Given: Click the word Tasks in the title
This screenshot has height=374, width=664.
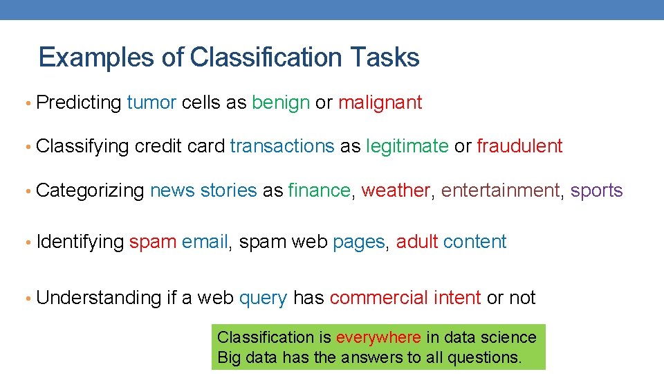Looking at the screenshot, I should tap(385, 57).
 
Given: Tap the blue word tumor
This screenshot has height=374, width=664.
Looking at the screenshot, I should tap(151, 103).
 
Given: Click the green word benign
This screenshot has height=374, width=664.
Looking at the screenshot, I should tap(281, 103).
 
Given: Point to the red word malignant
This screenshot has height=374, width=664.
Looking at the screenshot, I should tap(380, 103).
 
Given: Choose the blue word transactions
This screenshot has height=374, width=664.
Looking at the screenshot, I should tap(282, 146).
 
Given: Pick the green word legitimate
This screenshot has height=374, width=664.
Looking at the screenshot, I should tap(407, 147).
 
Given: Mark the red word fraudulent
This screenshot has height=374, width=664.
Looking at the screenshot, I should tap(519, 146).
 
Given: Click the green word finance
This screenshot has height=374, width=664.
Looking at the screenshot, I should tap(320, 190).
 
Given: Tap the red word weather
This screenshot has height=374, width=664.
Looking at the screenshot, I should tap(396, 190).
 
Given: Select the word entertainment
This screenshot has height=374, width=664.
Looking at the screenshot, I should tap(500, 190).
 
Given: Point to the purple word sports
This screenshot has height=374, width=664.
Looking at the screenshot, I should tap(596, 191).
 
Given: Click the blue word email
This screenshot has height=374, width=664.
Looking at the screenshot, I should tap(205, 242).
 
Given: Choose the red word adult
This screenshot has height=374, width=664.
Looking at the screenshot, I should tap(417, 242).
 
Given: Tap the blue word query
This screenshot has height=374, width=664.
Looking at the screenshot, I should tap(263, 299).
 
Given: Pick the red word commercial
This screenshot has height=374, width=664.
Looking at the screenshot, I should tap(378, 298).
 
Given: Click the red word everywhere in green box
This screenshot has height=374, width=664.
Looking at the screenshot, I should tap(378, 337).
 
